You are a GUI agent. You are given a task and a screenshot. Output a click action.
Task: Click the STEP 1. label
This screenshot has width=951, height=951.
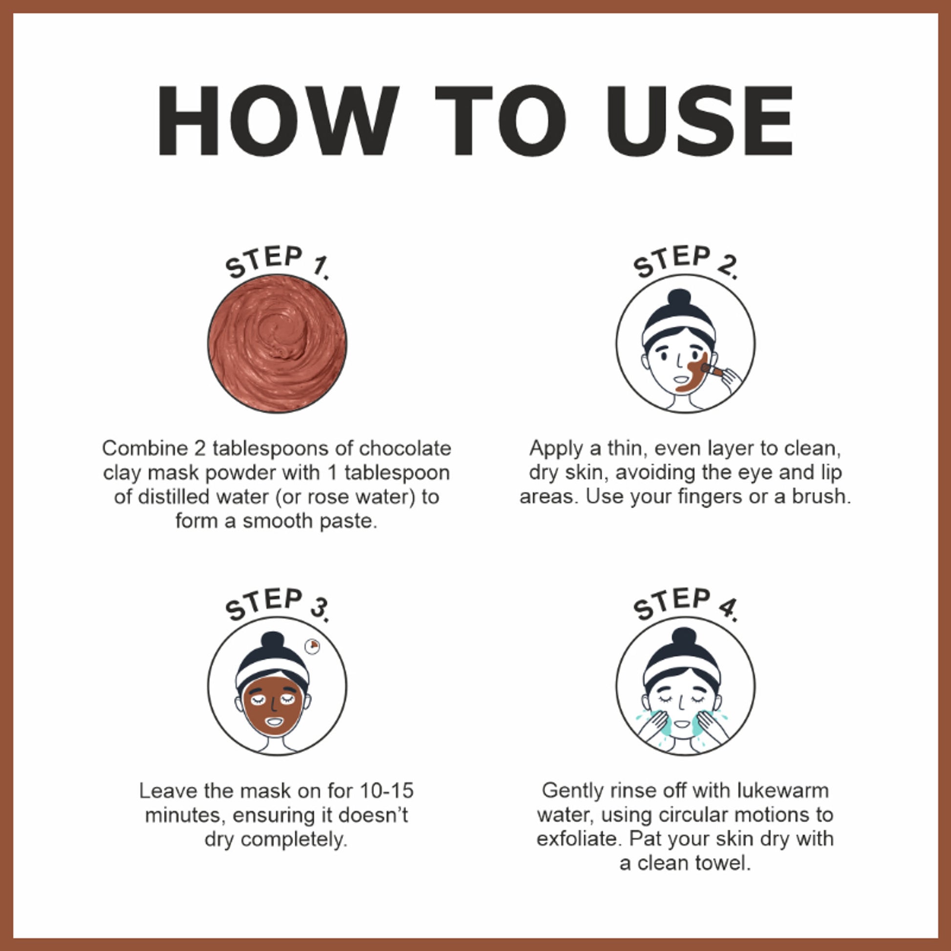coord(277,262)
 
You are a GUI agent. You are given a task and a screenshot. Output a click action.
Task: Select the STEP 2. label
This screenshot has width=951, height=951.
coord(685,262)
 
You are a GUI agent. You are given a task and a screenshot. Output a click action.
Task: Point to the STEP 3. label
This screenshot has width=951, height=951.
coord(277,605)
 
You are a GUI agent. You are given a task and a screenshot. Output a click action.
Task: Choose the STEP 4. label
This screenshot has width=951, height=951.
coord(685,605)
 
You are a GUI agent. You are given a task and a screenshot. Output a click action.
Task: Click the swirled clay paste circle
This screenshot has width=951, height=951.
coord(277,344)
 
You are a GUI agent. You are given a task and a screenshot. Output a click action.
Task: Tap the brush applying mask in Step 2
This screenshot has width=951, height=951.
coord(712,369)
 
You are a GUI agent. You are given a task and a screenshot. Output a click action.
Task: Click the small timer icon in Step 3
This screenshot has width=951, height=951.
coord(312,646)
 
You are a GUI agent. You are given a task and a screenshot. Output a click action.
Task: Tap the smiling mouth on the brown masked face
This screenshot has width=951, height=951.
coord(274,723)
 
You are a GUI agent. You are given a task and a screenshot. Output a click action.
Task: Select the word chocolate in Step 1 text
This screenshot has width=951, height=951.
coord(405,449)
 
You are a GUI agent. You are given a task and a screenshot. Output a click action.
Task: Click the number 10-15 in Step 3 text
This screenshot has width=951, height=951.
coord(387,791)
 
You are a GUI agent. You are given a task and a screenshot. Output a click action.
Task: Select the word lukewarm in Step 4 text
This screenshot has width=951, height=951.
coord(783,791)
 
